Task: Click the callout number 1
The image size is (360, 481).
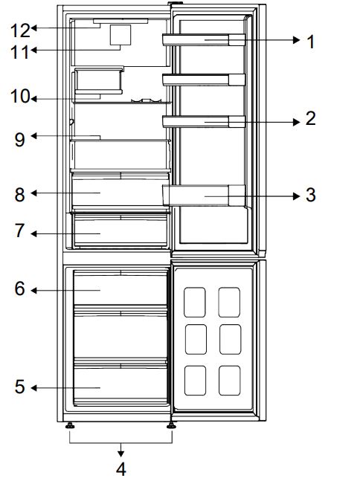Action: tap(311, 41)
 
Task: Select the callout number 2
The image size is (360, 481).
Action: tap(311, 118)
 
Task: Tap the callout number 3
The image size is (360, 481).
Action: tap(311, 195)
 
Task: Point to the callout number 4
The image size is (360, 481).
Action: tap(120, 468)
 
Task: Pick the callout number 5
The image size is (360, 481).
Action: tap(20, 387)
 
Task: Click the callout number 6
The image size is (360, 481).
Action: tap(20, 288)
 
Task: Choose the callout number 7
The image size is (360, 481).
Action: tap(20, 232)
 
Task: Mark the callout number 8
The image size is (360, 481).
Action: tap(20, 194)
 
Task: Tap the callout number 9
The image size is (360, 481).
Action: tap(20, 138)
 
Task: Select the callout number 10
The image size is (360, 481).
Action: tap(19, 97)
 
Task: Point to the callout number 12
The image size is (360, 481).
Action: tap(20, 30)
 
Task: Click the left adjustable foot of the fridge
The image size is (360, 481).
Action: tap(70, 427)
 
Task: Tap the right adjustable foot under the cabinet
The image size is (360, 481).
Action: tap(172, 427)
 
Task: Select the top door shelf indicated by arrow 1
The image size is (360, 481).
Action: tap(205, 40)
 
